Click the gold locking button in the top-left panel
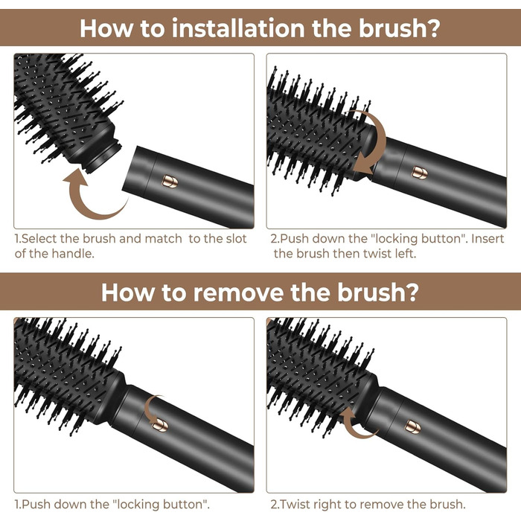tap(169, 181)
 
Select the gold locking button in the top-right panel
tap(420, 172)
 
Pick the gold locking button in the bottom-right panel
tap(412, 426)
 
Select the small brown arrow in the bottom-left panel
tap(154, 409)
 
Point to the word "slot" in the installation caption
tap(233, 239)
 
